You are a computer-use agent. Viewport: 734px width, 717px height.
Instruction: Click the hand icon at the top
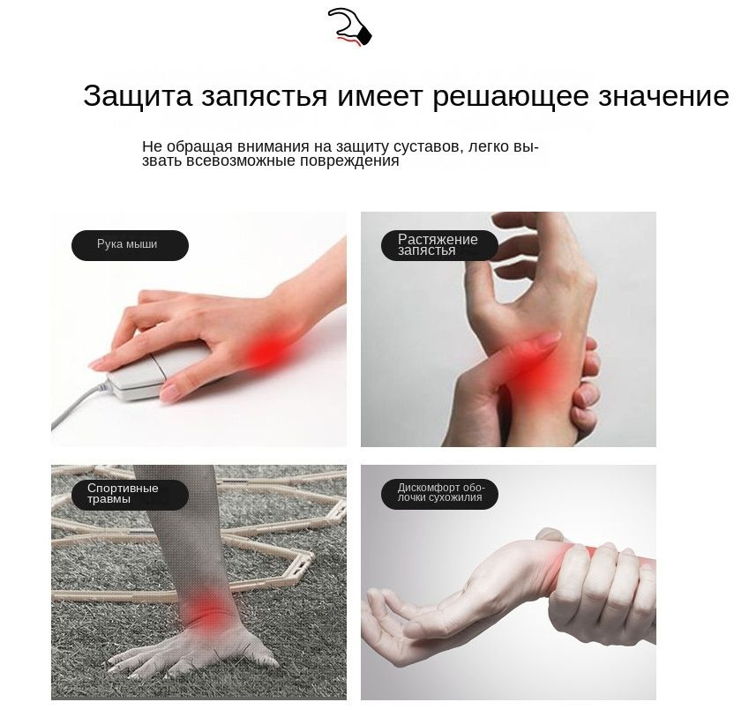tap(350, 27)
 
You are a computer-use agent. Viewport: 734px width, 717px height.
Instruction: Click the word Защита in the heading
tap(138, 95)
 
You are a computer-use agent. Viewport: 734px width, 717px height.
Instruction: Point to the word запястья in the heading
tap(265, 96)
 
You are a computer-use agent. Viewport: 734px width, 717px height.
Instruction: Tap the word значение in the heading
tap(663, 96)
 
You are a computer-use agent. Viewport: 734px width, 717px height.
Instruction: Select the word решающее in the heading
tap(511, 97)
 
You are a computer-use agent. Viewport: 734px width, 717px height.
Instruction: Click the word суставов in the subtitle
tap(429, 147)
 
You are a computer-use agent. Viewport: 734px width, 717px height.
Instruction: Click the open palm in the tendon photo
tap(422, 617)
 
